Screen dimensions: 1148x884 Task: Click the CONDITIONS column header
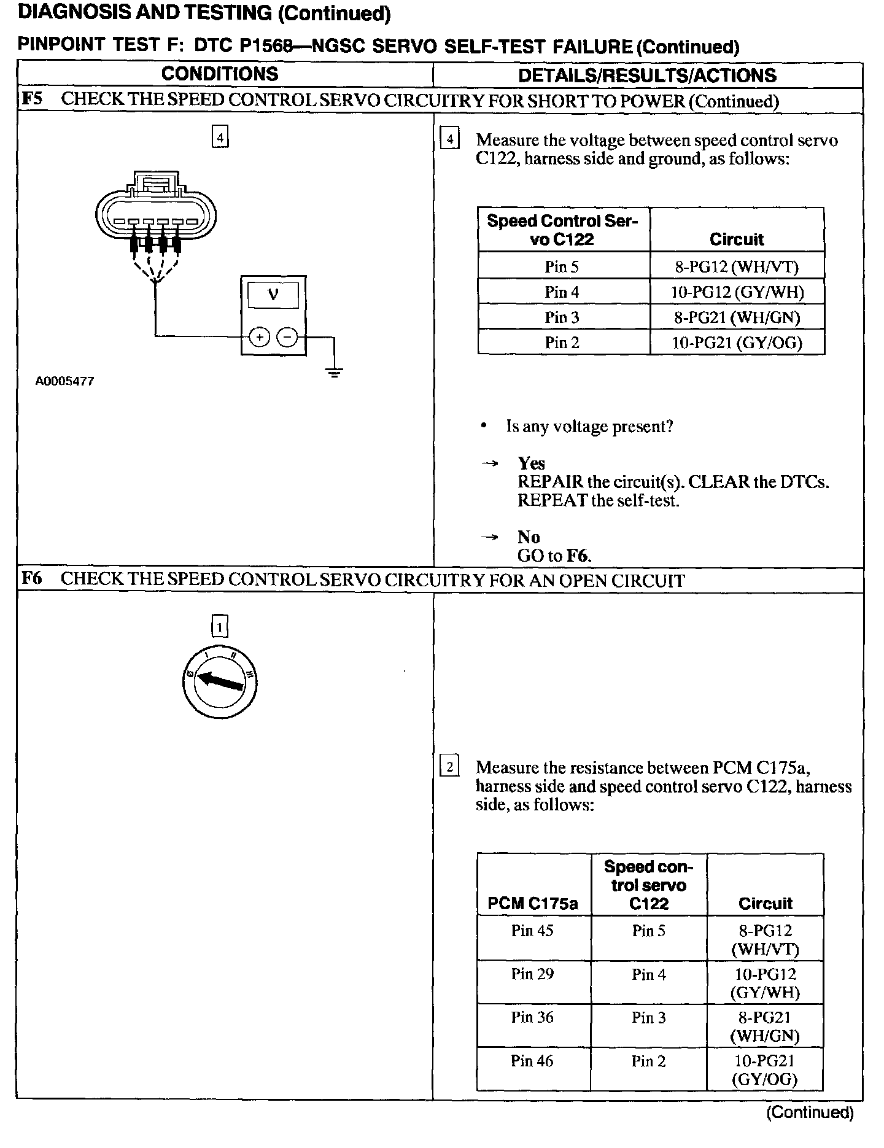click(220, 74)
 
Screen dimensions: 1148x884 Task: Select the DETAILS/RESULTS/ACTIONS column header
click(647, 76)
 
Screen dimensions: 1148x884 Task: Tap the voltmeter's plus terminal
click(260, 337)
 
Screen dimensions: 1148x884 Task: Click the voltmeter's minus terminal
click(287, 337)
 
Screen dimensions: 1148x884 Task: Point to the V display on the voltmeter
click(273, 295)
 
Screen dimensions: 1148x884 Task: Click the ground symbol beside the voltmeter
click(334, 371)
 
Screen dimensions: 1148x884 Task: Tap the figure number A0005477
click(64, 381)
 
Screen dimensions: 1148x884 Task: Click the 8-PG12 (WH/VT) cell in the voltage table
click(737, 266)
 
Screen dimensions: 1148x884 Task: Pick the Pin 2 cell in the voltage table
click(562, 343)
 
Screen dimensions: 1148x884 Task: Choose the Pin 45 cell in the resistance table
click(532, 931)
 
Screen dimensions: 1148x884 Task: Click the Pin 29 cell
click(532, 974)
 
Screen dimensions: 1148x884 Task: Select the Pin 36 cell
click(532, 1017)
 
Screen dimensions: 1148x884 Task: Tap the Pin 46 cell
click(532, 1061)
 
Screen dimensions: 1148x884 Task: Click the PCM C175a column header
click(533, 903)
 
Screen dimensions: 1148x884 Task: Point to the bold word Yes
click(531, 463)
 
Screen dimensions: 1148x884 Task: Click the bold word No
click(529, 537)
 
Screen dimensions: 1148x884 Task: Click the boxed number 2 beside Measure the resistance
click(450, 767)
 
